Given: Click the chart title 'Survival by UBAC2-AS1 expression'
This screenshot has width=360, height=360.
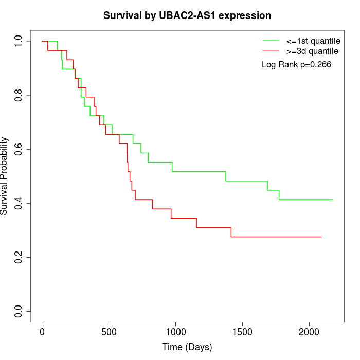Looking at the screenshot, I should tap(187, 15).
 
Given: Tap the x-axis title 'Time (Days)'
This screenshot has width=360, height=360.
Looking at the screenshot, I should tap(187, 347).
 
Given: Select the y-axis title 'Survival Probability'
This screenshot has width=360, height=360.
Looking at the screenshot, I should tap(5, 176).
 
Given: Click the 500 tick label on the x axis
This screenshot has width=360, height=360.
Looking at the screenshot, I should tap(109, 331).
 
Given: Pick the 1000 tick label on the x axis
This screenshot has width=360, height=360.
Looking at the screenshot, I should tap(175, 331).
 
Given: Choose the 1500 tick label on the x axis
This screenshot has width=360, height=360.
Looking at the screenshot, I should tap(242, 331).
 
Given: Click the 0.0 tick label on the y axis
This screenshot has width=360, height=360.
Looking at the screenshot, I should tap(19, 311).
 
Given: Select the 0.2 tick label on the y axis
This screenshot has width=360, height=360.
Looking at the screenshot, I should tap(19, 257).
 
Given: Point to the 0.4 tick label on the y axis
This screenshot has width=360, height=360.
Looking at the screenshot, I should tap(19, 203).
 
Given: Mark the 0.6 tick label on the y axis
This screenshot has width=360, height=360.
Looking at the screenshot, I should tap(19, 149).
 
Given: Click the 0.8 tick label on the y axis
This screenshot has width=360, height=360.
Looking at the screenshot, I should tap(19, 95).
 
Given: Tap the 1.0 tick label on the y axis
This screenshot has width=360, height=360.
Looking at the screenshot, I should tap(19, 41).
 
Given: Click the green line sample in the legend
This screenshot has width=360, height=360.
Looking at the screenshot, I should tap(271, 41).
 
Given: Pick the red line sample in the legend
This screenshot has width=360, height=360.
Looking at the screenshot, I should tap(271, 51).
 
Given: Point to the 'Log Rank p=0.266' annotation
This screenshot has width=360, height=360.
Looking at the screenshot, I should tap(296, 65).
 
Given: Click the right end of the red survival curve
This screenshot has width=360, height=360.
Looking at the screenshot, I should tap(321, 237).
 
